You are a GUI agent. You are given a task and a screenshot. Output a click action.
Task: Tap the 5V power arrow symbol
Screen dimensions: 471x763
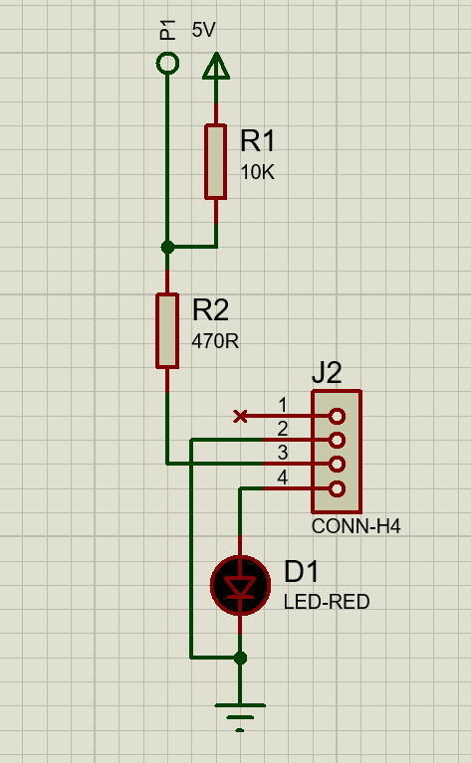tap(216, 67)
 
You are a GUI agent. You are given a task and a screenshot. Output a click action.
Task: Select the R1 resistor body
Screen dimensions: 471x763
tap(216, 161)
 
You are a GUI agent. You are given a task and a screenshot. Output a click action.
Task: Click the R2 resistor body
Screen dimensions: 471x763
tap(167, 330)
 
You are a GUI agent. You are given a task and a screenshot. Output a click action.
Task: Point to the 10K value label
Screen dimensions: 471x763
tap(258, 172)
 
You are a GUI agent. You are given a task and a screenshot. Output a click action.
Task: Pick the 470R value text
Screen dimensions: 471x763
tap(215, 341)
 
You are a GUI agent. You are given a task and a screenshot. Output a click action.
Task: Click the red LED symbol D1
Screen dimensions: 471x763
tap(240, 585)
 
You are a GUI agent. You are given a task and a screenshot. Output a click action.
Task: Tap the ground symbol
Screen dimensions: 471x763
tap(240, 716)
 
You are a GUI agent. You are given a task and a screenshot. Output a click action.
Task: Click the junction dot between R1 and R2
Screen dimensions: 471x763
tap(167, 247)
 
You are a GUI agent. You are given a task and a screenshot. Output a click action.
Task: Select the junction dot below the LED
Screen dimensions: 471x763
tap(240, 658)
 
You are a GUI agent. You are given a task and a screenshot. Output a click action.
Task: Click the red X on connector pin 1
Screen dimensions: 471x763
tap(240, 416)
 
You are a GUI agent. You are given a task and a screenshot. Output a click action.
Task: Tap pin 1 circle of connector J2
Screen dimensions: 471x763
tap(337, 416)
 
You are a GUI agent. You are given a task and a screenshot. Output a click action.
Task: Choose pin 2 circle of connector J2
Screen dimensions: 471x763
tap(337, 441)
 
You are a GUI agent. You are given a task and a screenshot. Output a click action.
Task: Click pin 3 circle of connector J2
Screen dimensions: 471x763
tap(337, 465)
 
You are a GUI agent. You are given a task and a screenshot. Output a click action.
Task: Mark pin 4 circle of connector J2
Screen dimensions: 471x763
tap(337, 488)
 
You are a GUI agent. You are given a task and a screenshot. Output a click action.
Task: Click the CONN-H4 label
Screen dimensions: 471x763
tap(356, 526)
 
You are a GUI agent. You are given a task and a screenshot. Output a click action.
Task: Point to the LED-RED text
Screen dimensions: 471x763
tap(327, 602)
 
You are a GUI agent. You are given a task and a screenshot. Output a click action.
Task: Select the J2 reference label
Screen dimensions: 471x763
tap(327, 374)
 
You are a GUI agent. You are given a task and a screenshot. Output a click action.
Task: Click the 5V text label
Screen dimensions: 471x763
tap(203, 30)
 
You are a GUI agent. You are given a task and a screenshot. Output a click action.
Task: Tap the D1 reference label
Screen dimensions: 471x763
tap(301, 571)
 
